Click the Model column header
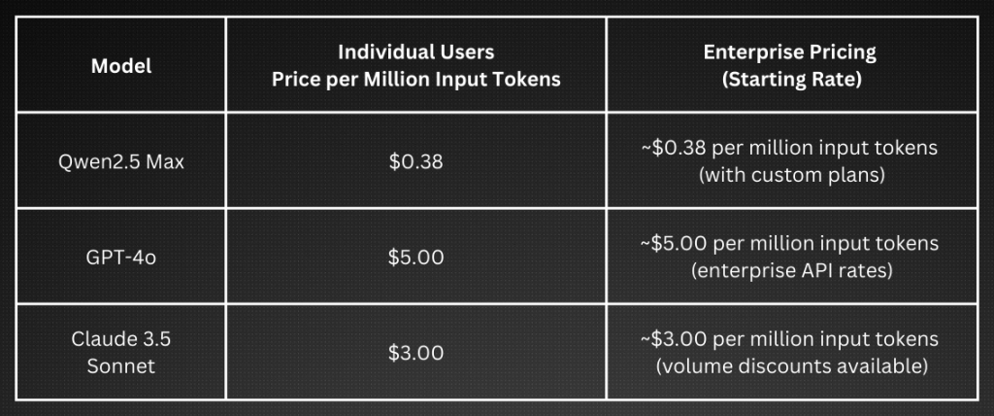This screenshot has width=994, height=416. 121,66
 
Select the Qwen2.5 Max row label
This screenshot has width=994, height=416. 121,162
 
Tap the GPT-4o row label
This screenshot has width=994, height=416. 121,258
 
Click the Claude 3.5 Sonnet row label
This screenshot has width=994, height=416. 121,353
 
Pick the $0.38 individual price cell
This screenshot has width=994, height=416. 415,162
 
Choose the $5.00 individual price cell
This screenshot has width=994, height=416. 415,258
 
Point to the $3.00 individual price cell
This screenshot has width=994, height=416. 415,353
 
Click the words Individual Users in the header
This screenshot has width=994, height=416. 415,52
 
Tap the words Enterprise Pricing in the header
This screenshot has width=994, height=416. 790,52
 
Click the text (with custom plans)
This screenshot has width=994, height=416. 792,175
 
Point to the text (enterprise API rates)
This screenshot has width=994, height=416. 792,271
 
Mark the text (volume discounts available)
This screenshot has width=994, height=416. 792,366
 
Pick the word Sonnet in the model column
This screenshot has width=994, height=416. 121,367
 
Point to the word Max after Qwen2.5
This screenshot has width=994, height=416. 163,162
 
